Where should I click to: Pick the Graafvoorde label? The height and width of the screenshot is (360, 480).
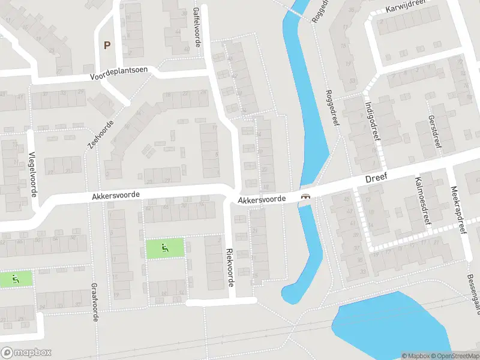94,302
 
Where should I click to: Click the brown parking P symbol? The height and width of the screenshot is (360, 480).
107,45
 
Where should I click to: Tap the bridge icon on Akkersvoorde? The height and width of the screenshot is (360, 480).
305,196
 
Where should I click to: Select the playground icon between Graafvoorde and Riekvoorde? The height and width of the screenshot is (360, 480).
165,247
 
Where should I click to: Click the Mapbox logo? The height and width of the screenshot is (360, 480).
26,353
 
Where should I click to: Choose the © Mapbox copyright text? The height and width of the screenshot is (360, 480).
414,356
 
